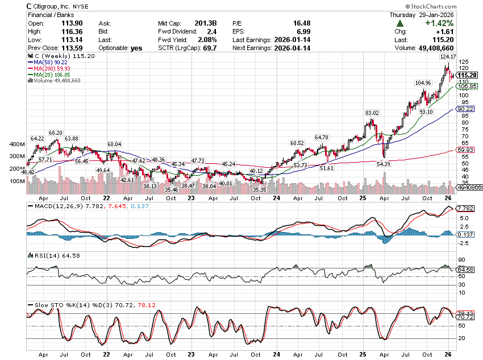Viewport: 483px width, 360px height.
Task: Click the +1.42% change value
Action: [438, 23]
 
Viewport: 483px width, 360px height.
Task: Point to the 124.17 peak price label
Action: [448, 56]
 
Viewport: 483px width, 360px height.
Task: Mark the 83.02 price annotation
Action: [372, 113]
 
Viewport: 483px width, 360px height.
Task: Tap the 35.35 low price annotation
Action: [260, 190]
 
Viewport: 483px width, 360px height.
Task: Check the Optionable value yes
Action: [136, 48]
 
